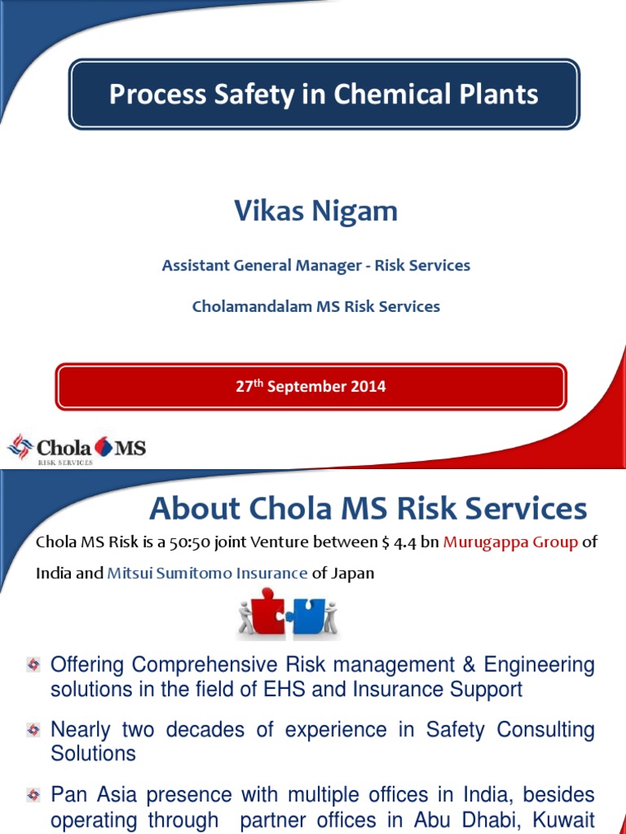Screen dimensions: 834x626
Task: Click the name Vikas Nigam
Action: (316, 211)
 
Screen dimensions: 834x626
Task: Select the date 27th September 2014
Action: (311, 387)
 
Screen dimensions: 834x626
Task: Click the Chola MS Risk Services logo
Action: (77, 448)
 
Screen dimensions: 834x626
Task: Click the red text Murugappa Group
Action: (509, 543)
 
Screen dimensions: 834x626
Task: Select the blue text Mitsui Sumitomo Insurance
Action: (207, 573)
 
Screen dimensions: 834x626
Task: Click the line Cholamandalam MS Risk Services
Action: (316, 307)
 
